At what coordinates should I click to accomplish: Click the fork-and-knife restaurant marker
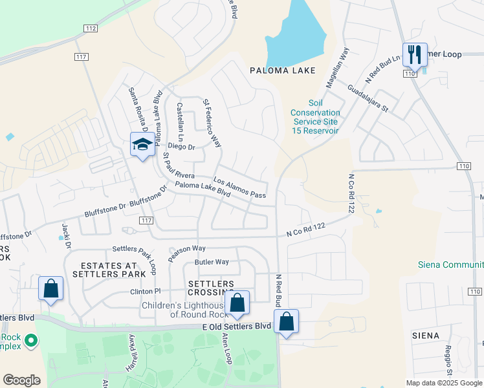(x=413, y=55)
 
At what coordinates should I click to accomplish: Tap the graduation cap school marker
(x=142, y=145)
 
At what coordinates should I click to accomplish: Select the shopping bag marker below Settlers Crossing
(x=237, y=303)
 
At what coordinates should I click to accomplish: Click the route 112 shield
(x=91, y=28)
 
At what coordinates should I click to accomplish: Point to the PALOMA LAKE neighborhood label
(x=283, y=70)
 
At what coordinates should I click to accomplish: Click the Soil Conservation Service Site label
(x=315, y=117)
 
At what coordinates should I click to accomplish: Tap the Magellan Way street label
(x=337, y=67)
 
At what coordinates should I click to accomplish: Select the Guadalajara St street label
(x=367, y=98)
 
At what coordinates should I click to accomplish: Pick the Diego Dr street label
(x=181, y=147)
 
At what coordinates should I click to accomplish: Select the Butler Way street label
(x=212, y=262)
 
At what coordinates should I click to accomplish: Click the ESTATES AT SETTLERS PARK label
(x=109, y=270)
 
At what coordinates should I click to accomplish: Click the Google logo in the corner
(x=21, y=380)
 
